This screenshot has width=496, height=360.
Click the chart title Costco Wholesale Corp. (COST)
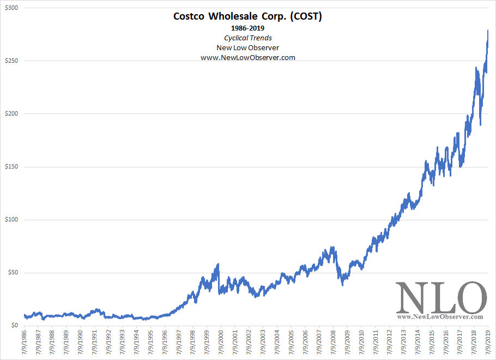tap(247, 16)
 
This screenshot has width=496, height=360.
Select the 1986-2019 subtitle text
tap(247, 28)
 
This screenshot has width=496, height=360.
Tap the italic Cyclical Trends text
tap(247, 38)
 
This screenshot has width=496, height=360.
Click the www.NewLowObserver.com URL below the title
tap(247, 57)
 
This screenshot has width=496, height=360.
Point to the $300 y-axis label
tap(10, 8)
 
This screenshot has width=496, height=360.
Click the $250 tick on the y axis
tap(10, 61)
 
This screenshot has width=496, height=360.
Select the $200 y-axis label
tap(10, 114)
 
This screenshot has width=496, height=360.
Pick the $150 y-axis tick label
tap(10, 167)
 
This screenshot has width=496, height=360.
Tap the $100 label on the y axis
tap(10, 220)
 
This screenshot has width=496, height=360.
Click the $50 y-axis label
tap(12, 273)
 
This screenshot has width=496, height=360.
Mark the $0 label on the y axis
tap(14, 326)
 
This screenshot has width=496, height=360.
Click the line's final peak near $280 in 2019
tap(487, 31)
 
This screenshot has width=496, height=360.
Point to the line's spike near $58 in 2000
tap(219, 265)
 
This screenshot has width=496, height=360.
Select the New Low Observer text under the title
tap(247, 47)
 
